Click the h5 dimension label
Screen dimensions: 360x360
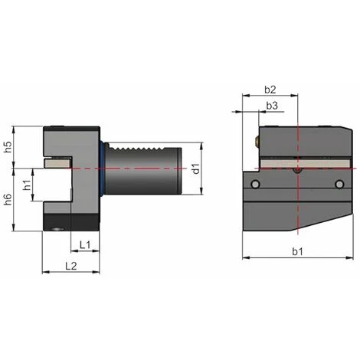(8, 147)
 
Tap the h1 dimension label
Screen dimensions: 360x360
(26, 185)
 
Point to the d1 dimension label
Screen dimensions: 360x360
(196, 168)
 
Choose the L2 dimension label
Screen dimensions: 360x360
(70, 265)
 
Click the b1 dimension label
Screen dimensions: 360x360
(296, 250)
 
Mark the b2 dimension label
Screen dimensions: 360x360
(269, 89)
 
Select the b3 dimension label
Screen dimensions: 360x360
(270, 105)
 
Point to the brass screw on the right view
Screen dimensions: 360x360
(255, 141)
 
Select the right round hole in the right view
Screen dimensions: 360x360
(340, 184)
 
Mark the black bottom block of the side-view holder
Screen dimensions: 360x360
(69, 223)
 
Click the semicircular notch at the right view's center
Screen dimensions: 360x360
(297, 171)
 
